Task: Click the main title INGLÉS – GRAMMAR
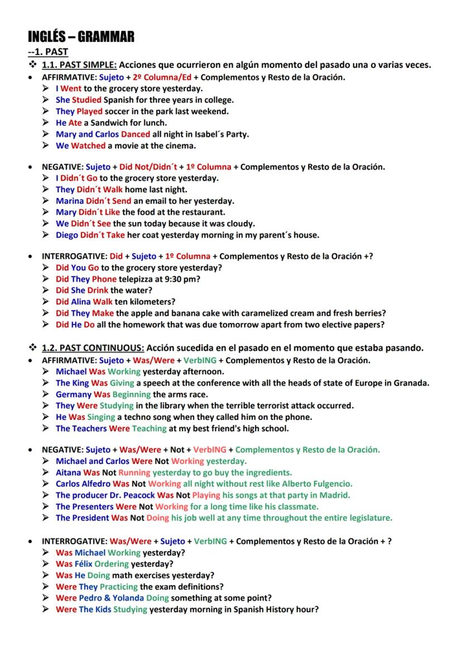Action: click(81, 37)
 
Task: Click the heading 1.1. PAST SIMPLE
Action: click(79, 65)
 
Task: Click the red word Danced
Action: click(136, 134)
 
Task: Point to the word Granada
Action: click(410, 383)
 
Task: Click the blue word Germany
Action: click(74, 394)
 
